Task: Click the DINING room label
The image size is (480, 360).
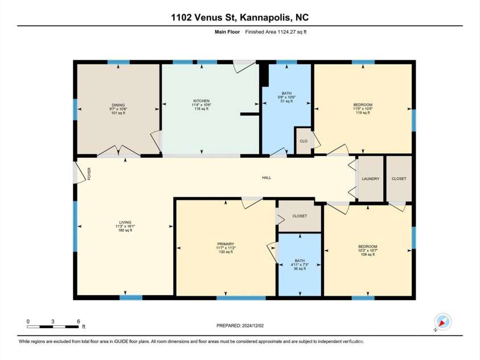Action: coord(118,105)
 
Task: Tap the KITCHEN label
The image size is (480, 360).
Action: coord(200,101)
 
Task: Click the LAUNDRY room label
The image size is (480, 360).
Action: coord(370,179)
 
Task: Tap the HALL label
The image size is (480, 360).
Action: coord(266,178)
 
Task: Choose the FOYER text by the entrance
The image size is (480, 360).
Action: coord(89,174)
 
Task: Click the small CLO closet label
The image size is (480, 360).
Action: coord(303,141)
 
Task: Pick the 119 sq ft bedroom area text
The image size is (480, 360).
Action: coord(363,113)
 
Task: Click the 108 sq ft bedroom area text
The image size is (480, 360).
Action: coord(367,255)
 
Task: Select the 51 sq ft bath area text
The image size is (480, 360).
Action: coord(286,101)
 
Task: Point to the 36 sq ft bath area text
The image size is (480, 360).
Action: coord(300,269)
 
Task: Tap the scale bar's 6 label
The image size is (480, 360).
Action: coord(78,322)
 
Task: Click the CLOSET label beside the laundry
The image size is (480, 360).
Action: coord(399,179)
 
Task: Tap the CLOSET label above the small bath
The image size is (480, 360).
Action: coord(300,216)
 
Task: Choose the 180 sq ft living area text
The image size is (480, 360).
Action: coord(125,230)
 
